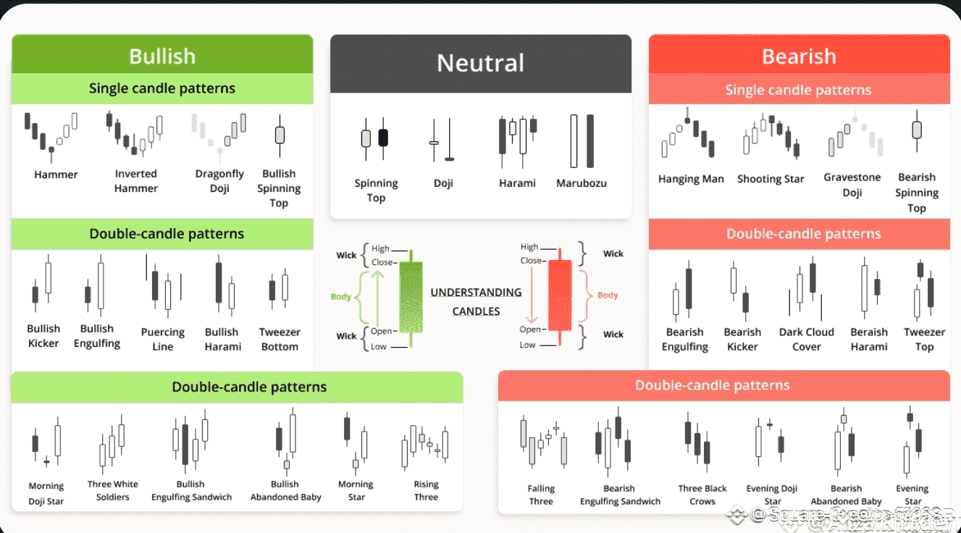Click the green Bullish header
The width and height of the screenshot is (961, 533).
click(162, 56)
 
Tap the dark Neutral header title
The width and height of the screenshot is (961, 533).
click(480, 63)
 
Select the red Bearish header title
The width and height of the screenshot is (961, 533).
click(799, 56)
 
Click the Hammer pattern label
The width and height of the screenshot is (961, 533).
click(56, 175)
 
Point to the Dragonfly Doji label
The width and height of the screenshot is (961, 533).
click(219, 181)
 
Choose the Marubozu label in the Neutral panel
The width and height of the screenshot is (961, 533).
click(582, 183)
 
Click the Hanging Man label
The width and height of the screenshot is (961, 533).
click(691, 179)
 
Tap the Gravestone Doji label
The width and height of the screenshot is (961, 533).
click(852, 185)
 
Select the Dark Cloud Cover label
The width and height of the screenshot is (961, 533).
click(807, 339)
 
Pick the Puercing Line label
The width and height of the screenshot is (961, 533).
click(163, 339)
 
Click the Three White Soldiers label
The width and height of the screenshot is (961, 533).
click(112, 490)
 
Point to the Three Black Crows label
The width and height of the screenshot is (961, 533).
click(702, 495)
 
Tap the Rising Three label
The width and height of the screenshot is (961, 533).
click(426, 490)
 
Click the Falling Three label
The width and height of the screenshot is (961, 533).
click(541, 495)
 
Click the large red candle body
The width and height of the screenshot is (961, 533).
click(559, 295)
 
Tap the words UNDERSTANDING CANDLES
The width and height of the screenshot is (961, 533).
click(476, 301)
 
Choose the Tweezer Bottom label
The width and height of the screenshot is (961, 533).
click(280, 339)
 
